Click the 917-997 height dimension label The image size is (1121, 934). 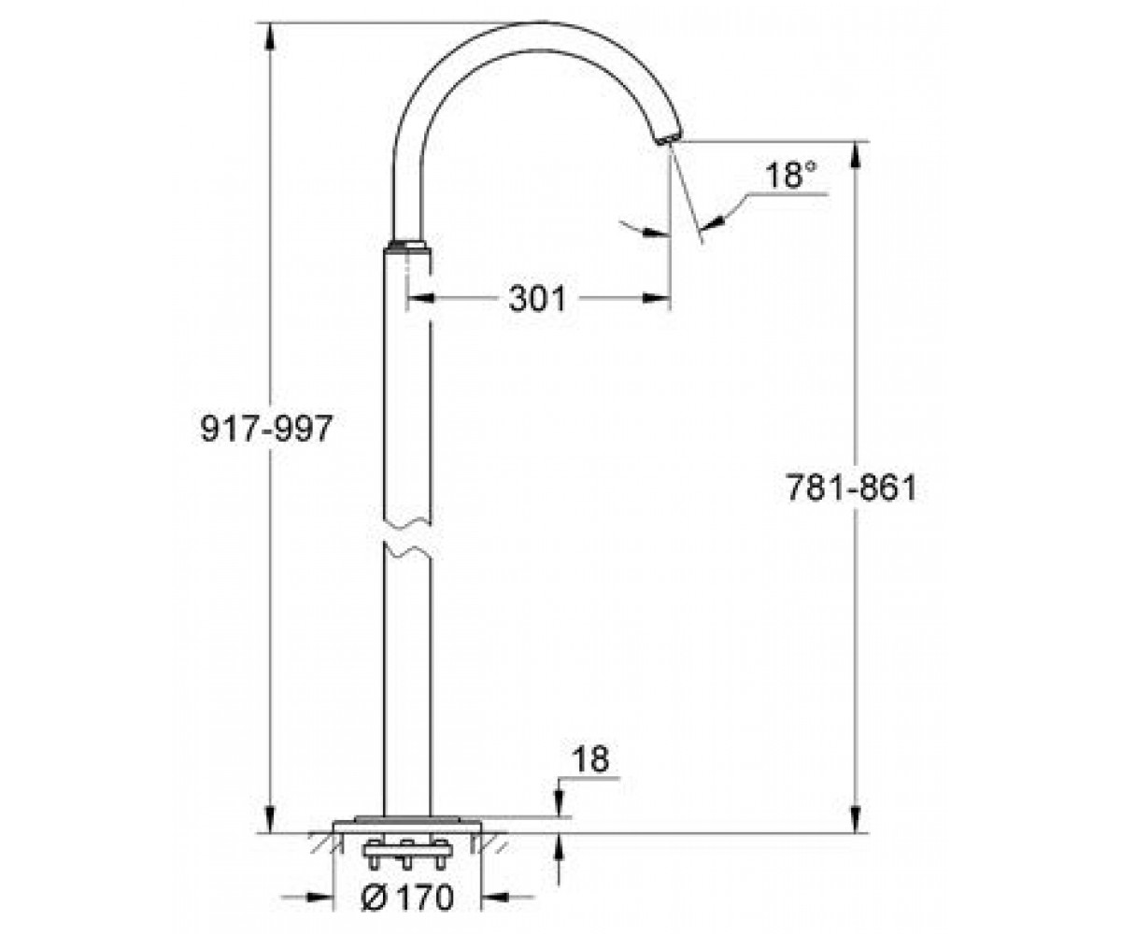(x=267, y=429)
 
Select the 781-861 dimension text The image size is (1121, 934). (x=851, y=488)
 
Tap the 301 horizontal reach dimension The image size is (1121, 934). (x=537, y=299)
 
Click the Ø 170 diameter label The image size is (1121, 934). (x=408, y=897)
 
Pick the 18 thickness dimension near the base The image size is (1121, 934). (x=590, y=759)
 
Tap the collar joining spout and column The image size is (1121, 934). (x=407, y=246)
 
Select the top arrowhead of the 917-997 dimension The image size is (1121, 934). (x=270, y=36)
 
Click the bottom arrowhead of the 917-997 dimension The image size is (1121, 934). (x=270, y=819)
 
